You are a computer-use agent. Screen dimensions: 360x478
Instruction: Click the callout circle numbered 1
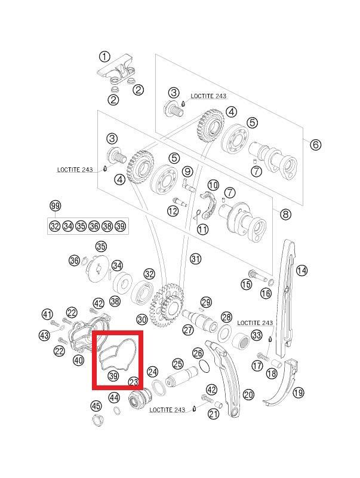click(104, 57)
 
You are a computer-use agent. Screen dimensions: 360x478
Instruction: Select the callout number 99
click(55, 206)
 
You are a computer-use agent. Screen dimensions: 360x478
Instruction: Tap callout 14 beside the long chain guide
click(301, 270)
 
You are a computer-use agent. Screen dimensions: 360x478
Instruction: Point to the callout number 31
click(196, 259)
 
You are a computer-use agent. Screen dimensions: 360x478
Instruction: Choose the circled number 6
click(316, 144)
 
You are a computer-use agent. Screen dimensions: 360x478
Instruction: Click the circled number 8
click(285, 215)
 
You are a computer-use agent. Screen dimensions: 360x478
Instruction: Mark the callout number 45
click(96, 406)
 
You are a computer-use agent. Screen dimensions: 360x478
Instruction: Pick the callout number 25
click(178, 364)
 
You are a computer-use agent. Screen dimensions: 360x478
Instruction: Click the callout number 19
click(298, 393)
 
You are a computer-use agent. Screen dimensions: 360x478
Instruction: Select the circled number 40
click(78, 360)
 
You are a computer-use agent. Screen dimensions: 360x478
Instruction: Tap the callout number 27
click(188, 330)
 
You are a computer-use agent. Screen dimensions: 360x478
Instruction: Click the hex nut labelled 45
click(98, 420)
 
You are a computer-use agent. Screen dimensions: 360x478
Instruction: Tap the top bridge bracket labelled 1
click(116, 69)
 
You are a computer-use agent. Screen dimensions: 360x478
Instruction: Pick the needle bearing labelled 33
click(242, 340)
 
